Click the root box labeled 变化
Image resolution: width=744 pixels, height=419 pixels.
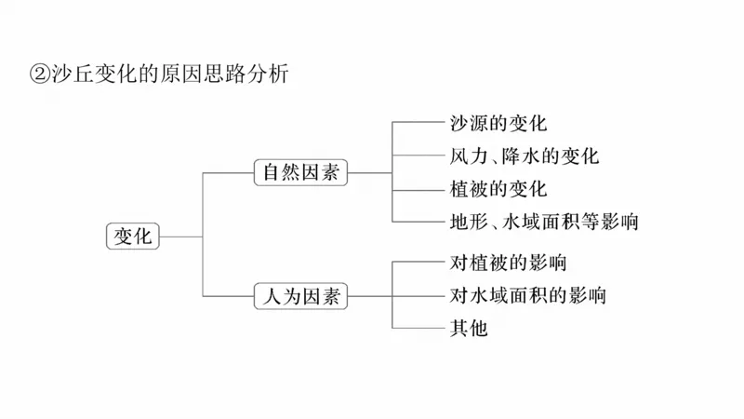click(x=132, y=236)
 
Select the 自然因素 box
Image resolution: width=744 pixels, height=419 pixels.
click(x=300, y=172)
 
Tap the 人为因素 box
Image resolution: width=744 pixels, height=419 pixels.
click(x=300, y=297)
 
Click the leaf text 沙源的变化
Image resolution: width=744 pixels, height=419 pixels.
click(x=498, y=122)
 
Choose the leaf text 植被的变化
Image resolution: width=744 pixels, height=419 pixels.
click(x=498, y=188)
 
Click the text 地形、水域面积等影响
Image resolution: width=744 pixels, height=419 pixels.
click(x=543, y=222)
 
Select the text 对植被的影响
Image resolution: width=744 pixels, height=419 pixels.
click(x=508, y=263)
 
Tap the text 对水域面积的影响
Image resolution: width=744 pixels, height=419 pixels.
click(x=527, y=296)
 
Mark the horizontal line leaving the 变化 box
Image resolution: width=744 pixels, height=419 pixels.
click(x=180, y=236)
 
